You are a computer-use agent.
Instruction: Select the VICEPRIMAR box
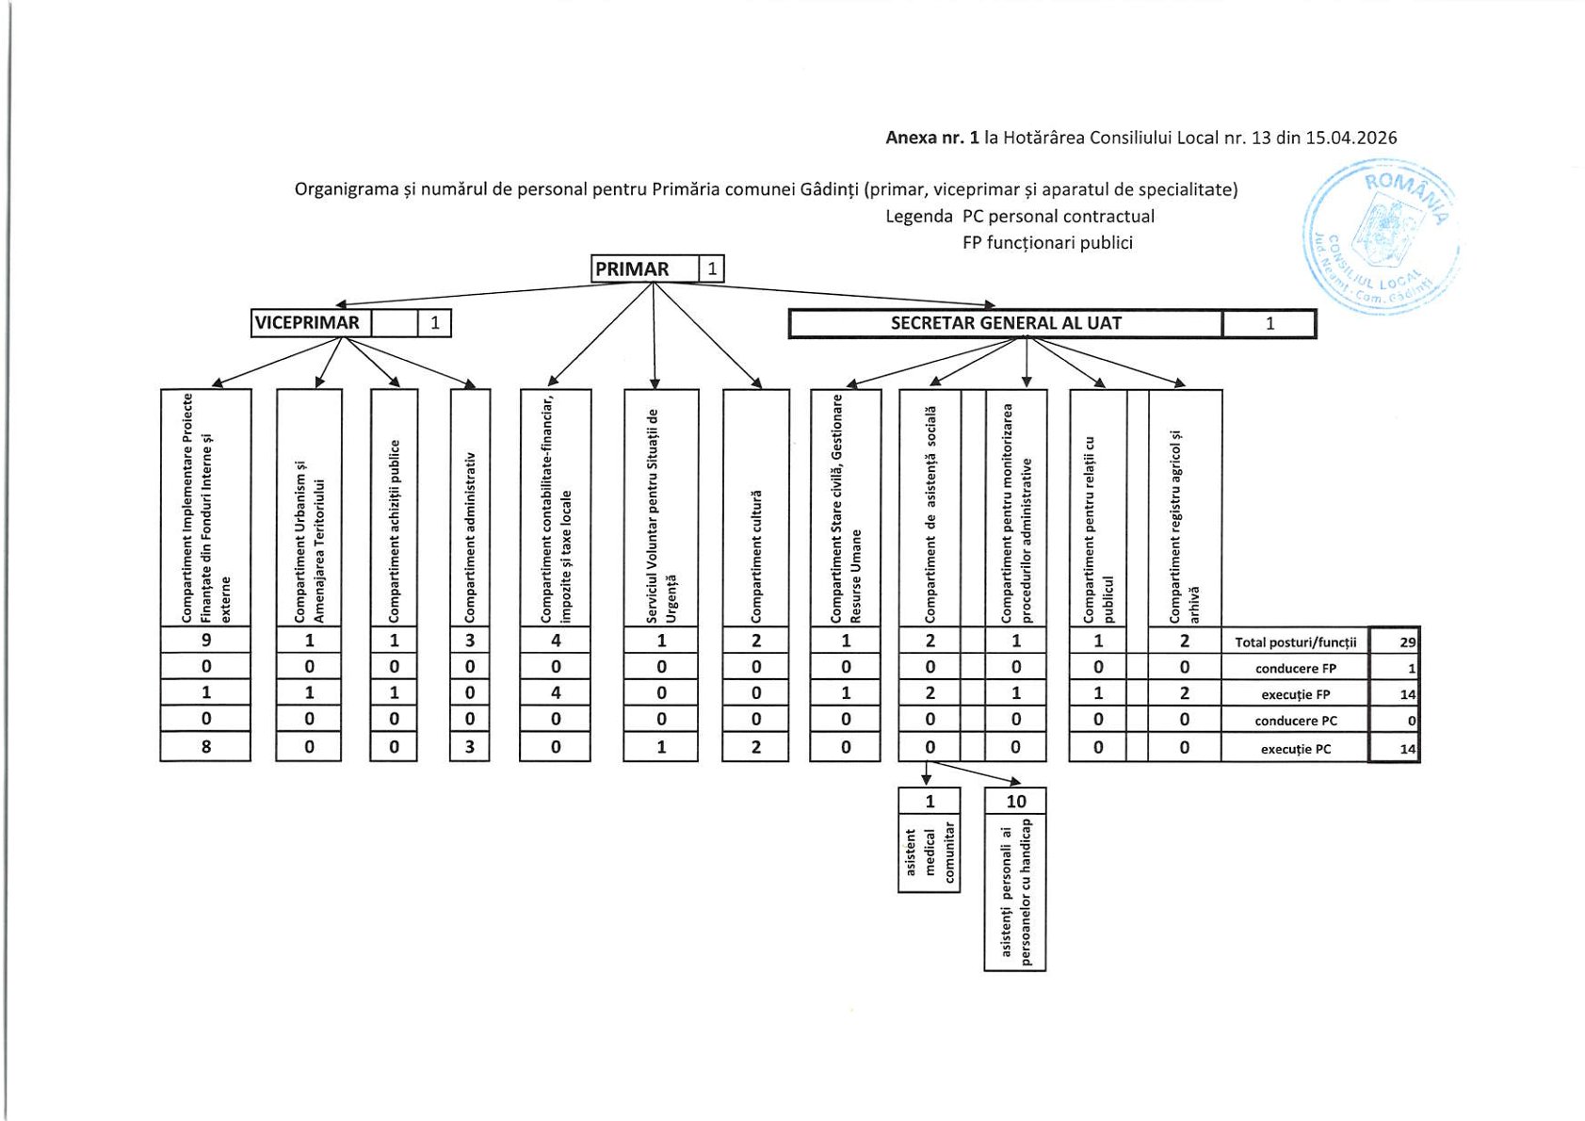pyautogui.click(x=308, y=323)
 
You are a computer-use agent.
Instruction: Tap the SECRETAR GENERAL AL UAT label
pyautogui.click(x=1006, y=323)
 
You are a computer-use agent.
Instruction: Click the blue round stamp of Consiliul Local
pyautogui.click(x=1381, y=236)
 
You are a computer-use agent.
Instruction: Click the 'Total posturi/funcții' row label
pyautogui.click(x=1295, y=642)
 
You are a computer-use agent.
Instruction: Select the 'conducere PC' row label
pyautogui.click(x=1295, y=721)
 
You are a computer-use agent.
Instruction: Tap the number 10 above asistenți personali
pyautogui.click(x=1015, y=801)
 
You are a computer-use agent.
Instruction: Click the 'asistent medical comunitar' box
pyautogui.click(x=930, y=852)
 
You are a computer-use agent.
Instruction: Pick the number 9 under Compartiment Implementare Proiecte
pyautogui.click(x=206, y=641)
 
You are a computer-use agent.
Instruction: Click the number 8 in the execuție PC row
pyautogui.click(x=206, y=747)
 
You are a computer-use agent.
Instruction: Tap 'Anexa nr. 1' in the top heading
pyautogui.click(x=931, y=138)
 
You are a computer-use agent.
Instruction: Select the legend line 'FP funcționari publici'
pyautogui.click(x=1047, y=243)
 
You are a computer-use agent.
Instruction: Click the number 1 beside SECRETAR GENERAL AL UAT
pyautogui.click(x=1269, y=324)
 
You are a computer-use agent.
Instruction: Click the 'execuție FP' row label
pyautogui.click(x=1295, y=694)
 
